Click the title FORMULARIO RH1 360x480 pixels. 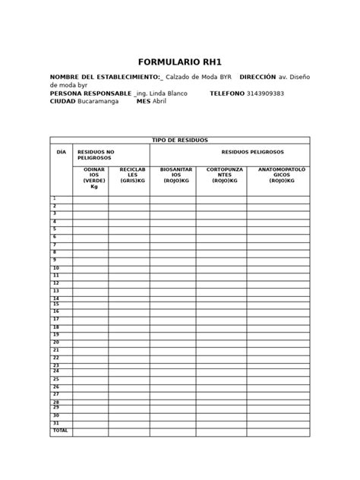tap(179, 62)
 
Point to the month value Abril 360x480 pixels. tap(159, 102)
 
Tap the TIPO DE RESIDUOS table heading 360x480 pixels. tap(179, 141)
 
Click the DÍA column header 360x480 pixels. tap(62, 152)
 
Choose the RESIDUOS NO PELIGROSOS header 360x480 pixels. tap(96, 155)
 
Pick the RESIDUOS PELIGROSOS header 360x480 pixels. tap(229, 152)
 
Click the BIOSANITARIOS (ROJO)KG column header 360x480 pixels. tap(172, 175)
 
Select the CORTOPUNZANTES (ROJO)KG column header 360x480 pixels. tap(221, 175)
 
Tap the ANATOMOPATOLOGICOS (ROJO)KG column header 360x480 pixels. tap(278, 175)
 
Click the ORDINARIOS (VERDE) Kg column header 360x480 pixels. tap(94, 178)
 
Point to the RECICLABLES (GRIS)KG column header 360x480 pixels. tap(128, 175)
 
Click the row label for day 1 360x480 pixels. tap(55, 199)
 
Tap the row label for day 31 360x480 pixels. tap(56, 423)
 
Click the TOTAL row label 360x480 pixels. tap(60, 431)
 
